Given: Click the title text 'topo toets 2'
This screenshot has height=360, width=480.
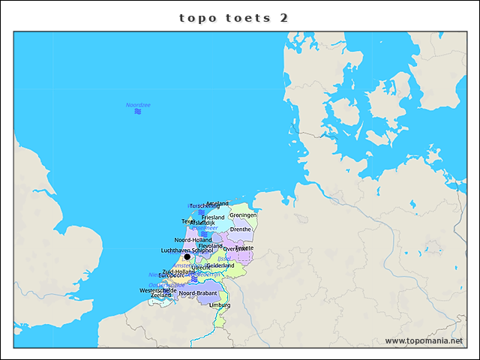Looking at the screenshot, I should pyautogui.click(x=233, y=18).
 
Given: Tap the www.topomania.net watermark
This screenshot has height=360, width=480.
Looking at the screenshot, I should pyautogui.click(x=424, y=341).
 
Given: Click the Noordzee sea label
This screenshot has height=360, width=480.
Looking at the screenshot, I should pyautogui.click(x=138, y=105).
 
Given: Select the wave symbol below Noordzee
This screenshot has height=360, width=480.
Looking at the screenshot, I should pyautogui.click(x=138, y=112).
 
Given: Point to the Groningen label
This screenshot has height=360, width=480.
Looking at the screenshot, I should pyautogui.click(x=243, y=215).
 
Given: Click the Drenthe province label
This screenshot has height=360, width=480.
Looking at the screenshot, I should pyautogui.click(x=241, y=229).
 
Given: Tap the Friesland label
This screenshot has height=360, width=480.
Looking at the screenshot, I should pyautogui.click(x=213, y=217).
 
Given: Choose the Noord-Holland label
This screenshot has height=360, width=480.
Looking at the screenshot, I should pyautogui.click(x=193, y=240).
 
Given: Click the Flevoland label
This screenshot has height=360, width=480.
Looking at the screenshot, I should pyautogui.click(x=210, y=246).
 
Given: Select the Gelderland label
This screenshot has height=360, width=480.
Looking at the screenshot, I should pyautogui.click(x=220, y=265).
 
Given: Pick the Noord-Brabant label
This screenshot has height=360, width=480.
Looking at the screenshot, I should pyautogui.click(x=198, y=293).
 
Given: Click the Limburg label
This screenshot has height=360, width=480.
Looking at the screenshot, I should pyautogui.click(x=220, y=305).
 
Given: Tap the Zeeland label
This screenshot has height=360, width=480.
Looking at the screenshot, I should pyautogui.click(x=160, y=295).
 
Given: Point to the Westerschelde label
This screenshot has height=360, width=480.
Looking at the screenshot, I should pyautogui.click(x=157, y=290).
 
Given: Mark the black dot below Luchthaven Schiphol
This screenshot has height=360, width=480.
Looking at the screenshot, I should pyautogui.click(x=187, y=256).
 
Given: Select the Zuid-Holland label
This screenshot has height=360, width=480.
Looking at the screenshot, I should pyautogui.click(x=178, y=271).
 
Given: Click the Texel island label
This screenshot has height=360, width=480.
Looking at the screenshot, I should pyautogui.click(x=188, y=221).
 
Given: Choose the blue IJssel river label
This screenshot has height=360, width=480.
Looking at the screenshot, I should pyautogui.click(x=223, y=258).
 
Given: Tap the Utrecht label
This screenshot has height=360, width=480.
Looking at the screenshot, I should pyautogui.click(x=201, y=267).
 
